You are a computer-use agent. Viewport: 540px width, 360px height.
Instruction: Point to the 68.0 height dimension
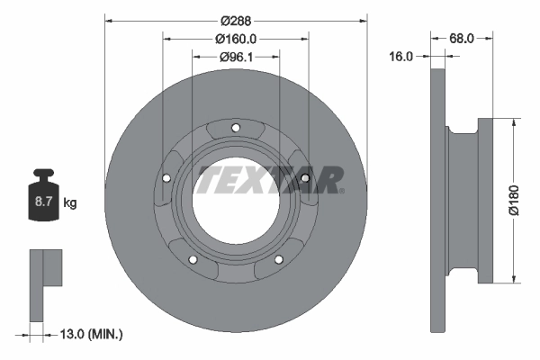pos(462,38)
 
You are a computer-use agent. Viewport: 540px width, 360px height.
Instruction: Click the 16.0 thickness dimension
pos(400,57)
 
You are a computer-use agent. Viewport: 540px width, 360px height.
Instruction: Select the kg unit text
pos(70,203)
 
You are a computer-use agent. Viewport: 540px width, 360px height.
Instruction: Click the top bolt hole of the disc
pos(236,128)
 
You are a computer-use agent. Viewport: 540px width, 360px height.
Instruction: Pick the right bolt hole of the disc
pos(305,178)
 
